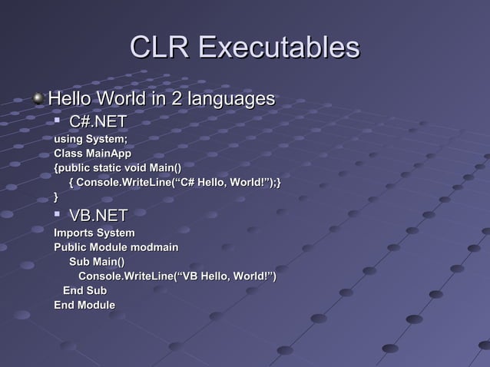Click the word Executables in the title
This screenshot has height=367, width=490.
(279, 48)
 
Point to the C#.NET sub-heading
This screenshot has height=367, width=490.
(98, 122)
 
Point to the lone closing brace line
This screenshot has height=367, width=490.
(56, 197)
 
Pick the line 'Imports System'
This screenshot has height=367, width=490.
(94, 233)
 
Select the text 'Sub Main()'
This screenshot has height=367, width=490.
(97, 262)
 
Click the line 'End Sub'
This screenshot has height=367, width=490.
(84, 291)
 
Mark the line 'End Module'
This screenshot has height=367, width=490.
(84, 306)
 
